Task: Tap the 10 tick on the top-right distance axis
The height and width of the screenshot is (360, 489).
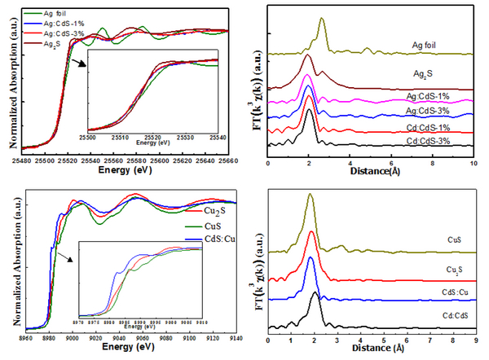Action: pos(474,163)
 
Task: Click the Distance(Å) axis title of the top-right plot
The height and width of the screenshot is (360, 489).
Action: pos(372,172)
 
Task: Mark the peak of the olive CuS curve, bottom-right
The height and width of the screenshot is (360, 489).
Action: pos(309,195)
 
